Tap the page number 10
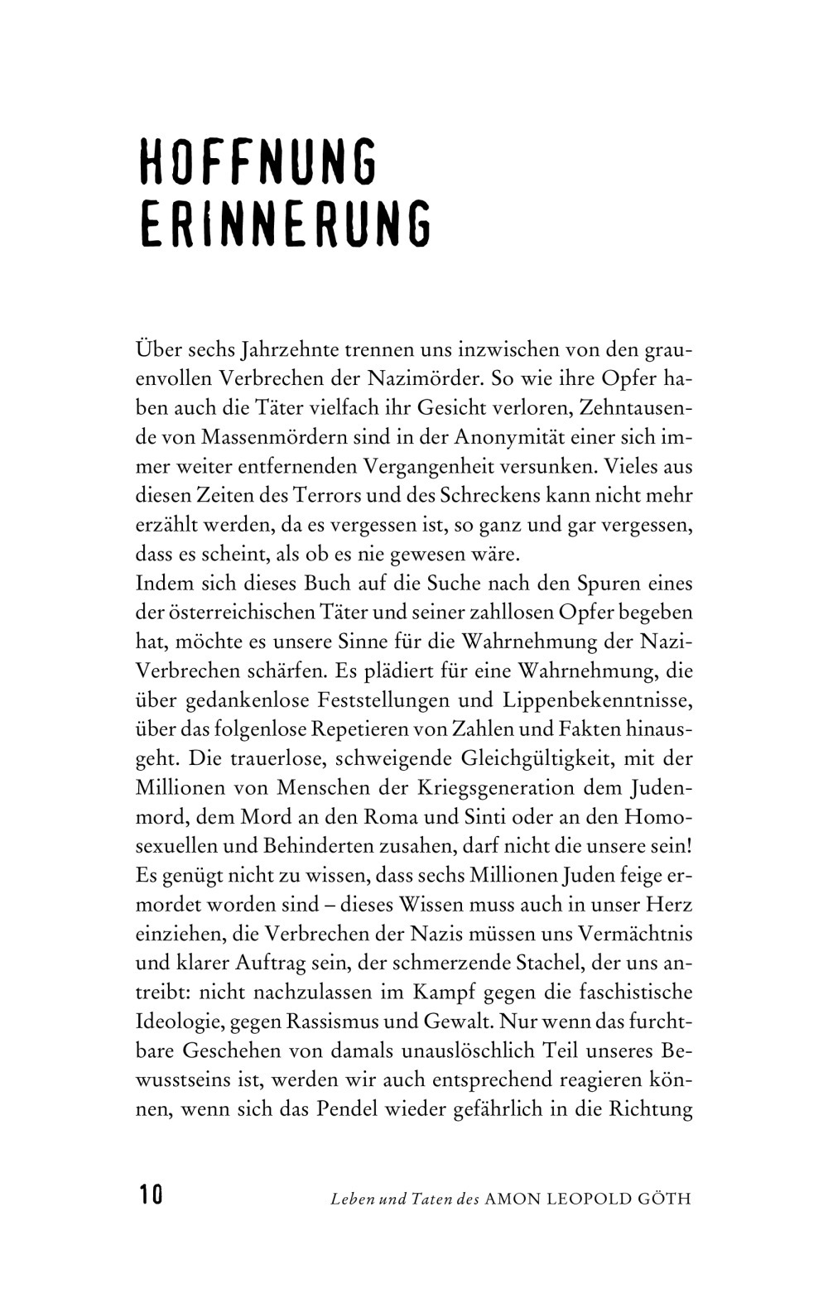pyautogui.click(x=151, y=1195)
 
